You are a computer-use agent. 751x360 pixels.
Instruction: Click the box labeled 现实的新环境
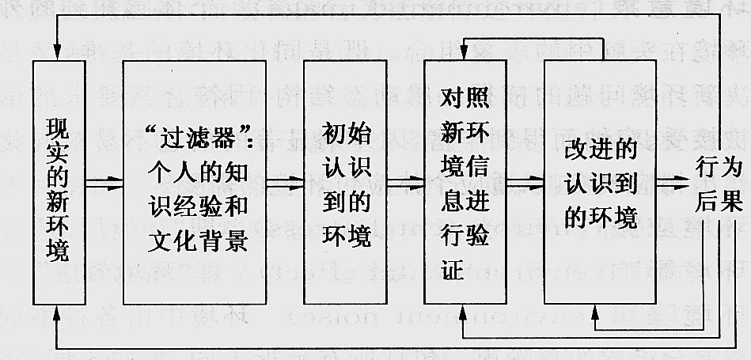[59, 182]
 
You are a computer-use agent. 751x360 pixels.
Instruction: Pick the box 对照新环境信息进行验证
[465, 182]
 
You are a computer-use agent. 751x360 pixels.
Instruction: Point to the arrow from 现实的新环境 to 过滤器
[104, 184]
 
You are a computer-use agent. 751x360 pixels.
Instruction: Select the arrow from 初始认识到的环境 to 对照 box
[404, 184]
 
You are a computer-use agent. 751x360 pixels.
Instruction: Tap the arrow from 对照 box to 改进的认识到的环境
[525, 184]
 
